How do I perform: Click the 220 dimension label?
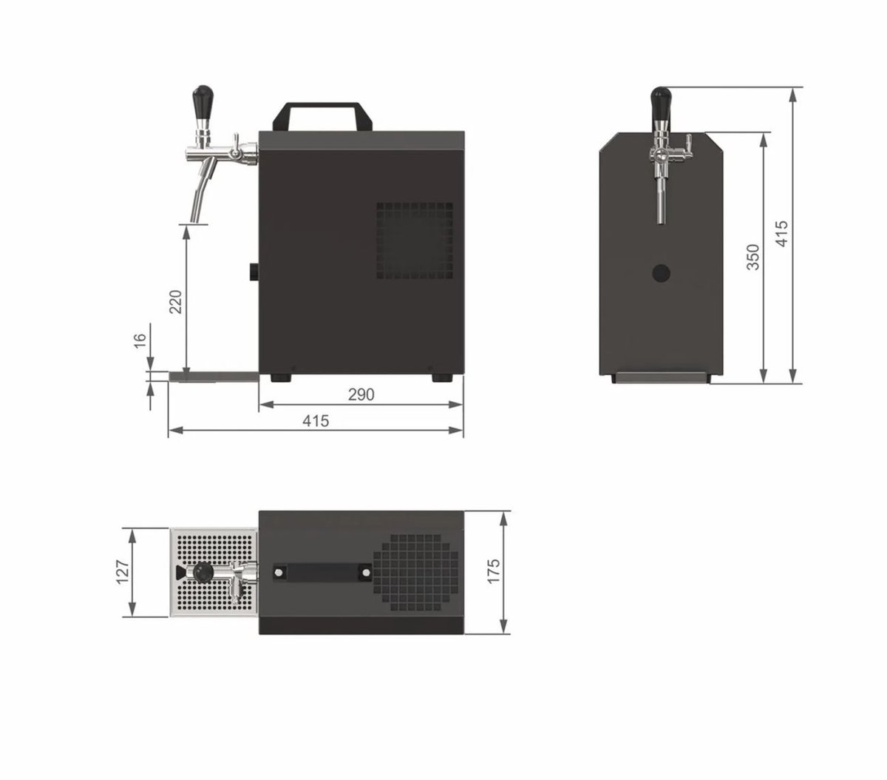tap(175, 301)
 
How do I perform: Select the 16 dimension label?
tap(139, 340)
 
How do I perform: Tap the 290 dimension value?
tap(361, 394)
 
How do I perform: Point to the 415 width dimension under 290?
tap(316, 421)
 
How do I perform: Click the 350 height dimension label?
tap(752, 257)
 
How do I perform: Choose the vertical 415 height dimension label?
tap(781, 233)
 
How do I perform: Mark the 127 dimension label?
tap(123, 572)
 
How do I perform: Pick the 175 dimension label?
tap(493, 571)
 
